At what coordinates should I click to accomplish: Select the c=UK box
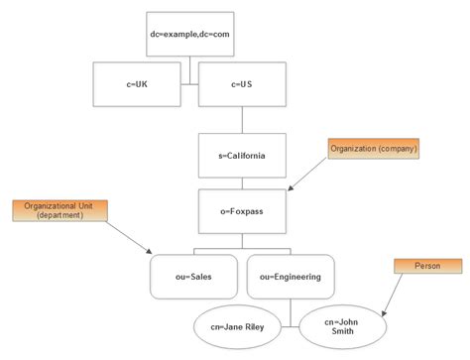tap(137, 84)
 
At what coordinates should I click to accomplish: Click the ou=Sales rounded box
tap(194, 277)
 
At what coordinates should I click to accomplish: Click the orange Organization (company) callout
tap(375, 149)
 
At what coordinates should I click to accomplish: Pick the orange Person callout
tap(427, 266)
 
